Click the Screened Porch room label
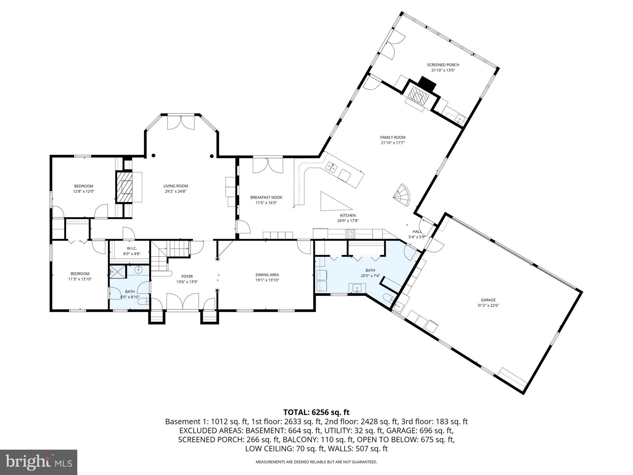tap(443, 65)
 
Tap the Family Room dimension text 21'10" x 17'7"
tap(393, 143)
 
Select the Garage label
tap(488, 300)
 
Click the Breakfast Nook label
tap(266, 197)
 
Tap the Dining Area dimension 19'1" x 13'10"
tap(267, 280)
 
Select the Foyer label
tap(187, 276)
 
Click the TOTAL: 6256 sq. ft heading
tap(316, 412)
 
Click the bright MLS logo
tap(39, 462)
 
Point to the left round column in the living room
tap(153, 156)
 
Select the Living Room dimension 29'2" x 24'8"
tap(176, 191)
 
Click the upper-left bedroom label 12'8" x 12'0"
tap(83, 191)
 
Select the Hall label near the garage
tap(417, 232)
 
